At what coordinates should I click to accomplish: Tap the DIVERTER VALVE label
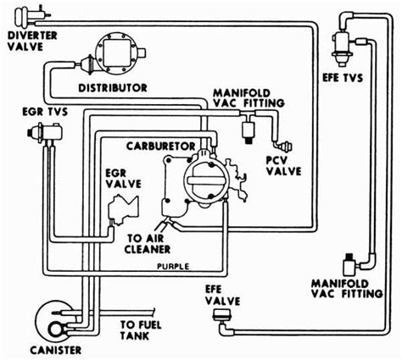32,41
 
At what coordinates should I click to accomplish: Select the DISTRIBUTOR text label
113,88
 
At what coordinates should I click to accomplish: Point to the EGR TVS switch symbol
45,133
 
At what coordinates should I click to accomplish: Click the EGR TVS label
45,112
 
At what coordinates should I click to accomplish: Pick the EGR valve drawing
123,209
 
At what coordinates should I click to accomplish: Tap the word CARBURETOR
160,147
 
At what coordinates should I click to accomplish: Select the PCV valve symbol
283,147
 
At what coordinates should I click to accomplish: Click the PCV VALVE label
283,166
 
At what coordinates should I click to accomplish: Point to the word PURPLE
173,266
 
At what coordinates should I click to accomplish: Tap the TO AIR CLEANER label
148,244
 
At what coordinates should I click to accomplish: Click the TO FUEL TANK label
141,330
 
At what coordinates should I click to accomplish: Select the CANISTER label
56,351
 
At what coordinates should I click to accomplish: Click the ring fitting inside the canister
58,330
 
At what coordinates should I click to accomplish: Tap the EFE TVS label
343,78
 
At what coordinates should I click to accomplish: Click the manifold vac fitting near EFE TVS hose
350,264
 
